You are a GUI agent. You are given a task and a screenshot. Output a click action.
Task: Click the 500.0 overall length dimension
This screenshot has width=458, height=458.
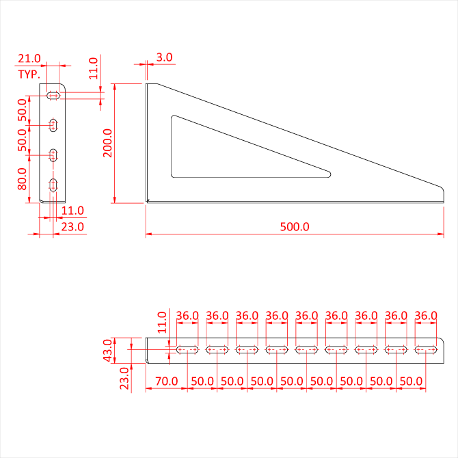pos(295,227)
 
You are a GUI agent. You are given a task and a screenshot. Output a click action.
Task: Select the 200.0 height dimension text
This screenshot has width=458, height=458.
pos(107,143)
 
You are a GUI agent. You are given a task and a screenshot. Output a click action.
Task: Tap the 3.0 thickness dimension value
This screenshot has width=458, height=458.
pos(164,57)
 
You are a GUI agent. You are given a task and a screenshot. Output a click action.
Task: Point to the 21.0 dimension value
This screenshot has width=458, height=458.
pos(29,58)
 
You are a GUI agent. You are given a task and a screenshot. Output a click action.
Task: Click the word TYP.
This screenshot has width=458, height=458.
pos(29,75)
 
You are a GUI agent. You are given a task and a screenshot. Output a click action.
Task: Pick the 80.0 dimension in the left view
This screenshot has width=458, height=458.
pos(22,179)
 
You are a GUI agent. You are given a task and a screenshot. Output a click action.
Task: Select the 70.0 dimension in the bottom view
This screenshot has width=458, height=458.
pos(167,381)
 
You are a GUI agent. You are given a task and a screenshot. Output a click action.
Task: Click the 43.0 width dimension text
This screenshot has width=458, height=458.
pos(107,351)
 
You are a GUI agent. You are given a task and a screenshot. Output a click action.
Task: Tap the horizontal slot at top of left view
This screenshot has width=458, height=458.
pos(53,95)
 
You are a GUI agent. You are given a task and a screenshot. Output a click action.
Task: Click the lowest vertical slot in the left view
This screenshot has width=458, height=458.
pos(53,185)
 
